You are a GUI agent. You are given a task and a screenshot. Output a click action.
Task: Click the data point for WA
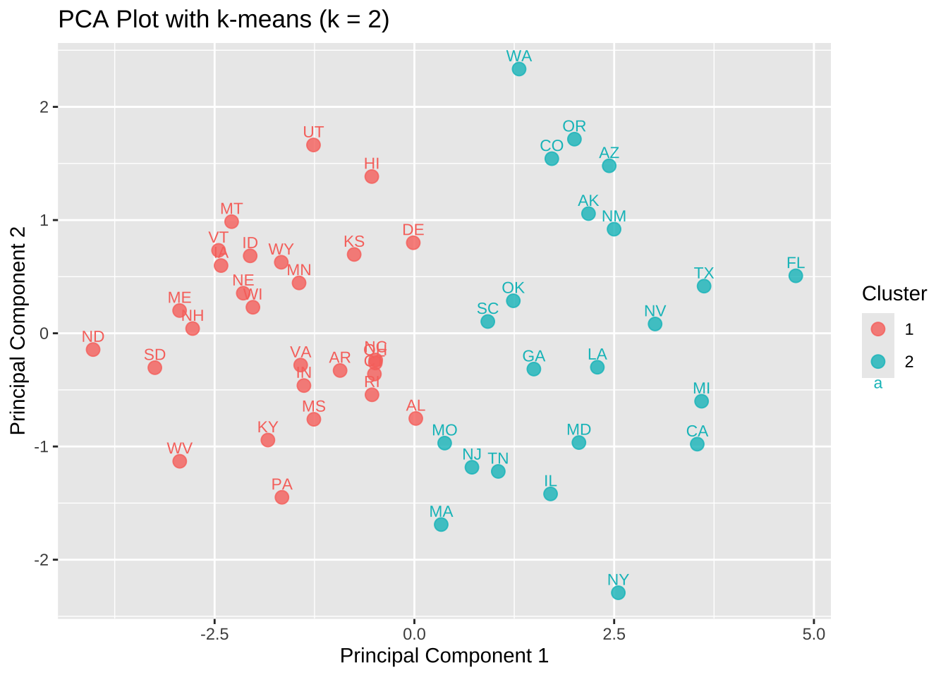coord(519,69)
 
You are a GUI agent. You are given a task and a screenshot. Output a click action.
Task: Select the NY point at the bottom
coord(618,592)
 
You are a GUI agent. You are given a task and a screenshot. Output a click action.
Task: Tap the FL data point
coord(796,276)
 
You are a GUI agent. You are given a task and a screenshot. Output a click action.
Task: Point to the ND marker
coord(93,349)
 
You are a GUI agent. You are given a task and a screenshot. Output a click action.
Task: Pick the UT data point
coord(313,145)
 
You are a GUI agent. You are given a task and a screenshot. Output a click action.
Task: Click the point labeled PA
coord(281,497)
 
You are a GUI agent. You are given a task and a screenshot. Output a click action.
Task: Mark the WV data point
coord(180,461)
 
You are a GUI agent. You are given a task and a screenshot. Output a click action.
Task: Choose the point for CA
coord(697,444)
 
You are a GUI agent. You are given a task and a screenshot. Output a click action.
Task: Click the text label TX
coord(704,273)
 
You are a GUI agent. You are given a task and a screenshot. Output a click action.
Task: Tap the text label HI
coord(372,164)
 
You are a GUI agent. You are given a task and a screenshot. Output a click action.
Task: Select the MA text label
coord(441,511)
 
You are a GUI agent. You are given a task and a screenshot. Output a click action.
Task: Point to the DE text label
coord(413,230)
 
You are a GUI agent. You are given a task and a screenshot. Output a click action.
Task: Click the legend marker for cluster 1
coord(878,329)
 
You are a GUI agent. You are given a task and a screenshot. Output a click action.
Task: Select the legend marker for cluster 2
coord(878,362)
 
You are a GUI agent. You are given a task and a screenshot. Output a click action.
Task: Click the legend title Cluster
coord(894,293)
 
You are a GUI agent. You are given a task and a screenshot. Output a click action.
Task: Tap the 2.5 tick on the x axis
coord(614,634)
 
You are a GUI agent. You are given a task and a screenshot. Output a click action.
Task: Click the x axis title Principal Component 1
coord(444,656)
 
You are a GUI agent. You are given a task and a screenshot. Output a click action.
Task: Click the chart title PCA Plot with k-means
coord(224,19)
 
